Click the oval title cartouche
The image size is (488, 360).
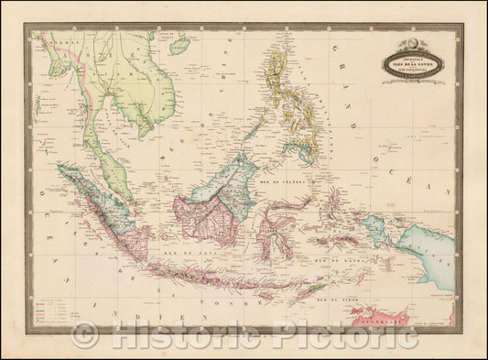(x=413, y=61)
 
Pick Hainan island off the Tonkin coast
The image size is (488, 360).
(x=179, y=44)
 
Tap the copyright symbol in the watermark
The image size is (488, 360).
(x=85, y=337)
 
